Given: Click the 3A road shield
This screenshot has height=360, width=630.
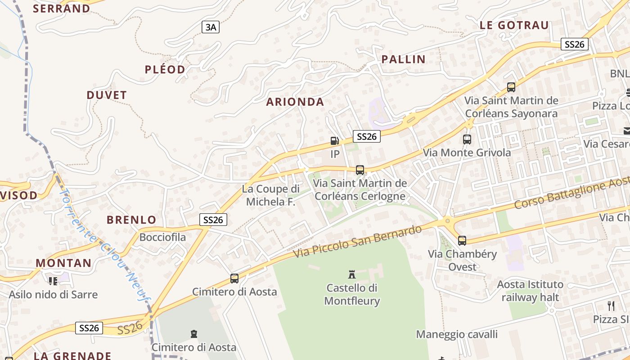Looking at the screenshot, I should [x=211, y=27].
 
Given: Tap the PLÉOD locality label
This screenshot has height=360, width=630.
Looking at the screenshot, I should [x=165, y=69].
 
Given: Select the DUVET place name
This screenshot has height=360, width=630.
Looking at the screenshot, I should [x=107, y=95].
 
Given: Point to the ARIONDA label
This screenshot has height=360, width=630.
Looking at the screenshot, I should [x=295, y=102].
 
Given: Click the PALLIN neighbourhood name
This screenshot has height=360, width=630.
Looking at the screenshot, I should [x=404, y=59].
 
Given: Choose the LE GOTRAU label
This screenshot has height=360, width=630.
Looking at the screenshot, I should [x=514, y=25].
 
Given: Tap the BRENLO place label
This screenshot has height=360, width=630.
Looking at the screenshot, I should [x=131, y=220].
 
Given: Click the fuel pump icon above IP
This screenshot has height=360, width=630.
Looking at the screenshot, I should [x=334, y=141].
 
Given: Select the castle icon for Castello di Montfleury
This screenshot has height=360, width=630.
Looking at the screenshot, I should [x=352, y=274].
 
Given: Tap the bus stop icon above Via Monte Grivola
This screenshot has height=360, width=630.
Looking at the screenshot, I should [x=467, y=139].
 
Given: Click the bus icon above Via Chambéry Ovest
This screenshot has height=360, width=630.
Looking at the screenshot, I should [x=462, y=240].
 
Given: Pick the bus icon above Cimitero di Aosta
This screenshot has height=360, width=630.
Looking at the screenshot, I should [x=234, y=278].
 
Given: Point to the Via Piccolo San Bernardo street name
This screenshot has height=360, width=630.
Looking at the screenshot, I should [x=358, y=242].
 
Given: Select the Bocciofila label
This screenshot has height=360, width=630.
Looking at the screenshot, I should [x=163, y=237].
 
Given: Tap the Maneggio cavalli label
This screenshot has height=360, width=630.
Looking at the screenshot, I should [x=457, y=334].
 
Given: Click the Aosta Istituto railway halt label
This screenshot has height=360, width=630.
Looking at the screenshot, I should [x=530, y=291].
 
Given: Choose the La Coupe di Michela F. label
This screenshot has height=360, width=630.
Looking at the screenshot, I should [x=271, y=195].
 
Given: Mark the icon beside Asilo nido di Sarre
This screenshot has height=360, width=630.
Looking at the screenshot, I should [x=53, y=281].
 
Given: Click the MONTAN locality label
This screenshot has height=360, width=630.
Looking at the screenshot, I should [x=63, y=263].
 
